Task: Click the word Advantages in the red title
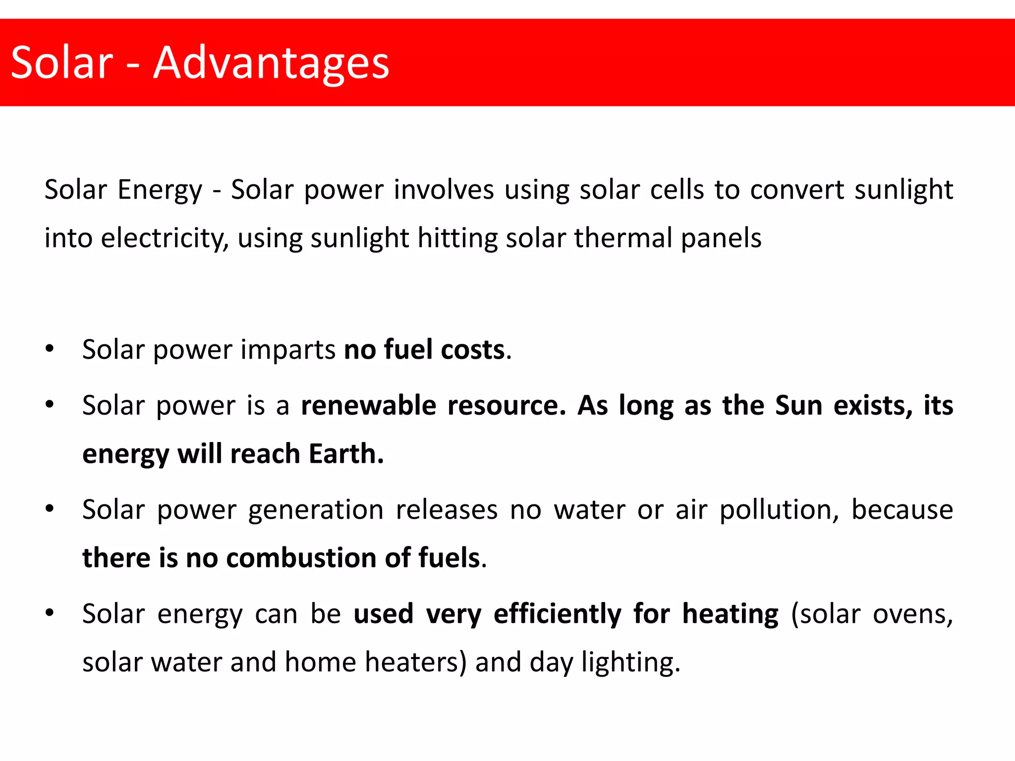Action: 271,63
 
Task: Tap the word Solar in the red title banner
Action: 62,63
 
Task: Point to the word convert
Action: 797,190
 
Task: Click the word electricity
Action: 164,238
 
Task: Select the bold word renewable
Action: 368,406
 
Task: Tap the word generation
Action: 316,510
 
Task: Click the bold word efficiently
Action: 558,614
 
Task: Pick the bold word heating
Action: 731,614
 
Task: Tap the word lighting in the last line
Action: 630,663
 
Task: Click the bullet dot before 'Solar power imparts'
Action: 49,349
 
